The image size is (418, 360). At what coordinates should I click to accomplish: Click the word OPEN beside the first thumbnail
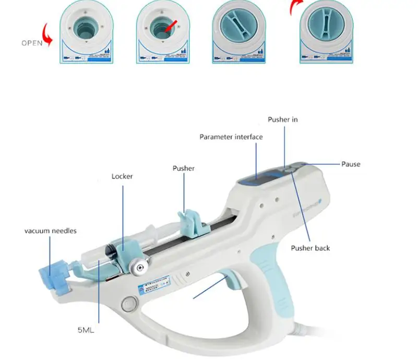tap(32, 43)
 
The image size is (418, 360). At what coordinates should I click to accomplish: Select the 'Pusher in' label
tap(283, 119)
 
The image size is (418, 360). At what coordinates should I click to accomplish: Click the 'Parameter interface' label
tap(231, 137)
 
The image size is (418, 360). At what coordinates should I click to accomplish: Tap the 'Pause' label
tap(351, 164)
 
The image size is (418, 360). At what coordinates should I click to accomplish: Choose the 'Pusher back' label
tap(310, 248)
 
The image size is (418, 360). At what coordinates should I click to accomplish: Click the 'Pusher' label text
tap(184, 168)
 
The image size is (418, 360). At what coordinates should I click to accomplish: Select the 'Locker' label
tap(122, 176)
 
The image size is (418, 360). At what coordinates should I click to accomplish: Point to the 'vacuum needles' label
tap(50, 231)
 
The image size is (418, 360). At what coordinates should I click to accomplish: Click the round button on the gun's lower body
tap(127, 303)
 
